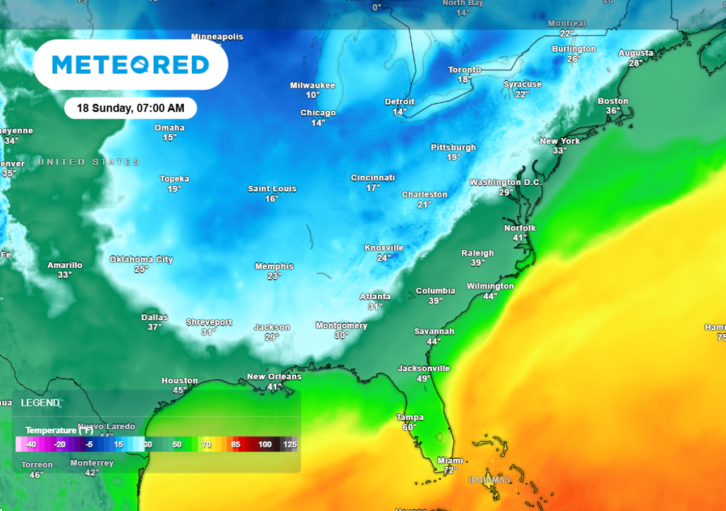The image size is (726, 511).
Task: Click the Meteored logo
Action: [130, 65]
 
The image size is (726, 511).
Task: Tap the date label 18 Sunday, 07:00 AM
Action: [130, 108]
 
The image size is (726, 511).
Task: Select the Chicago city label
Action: [318, 113]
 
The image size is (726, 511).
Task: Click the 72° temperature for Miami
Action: [450, 470]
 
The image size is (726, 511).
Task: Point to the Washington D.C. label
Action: [506, 183]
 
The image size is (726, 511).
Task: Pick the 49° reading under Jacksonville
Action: [424, 378]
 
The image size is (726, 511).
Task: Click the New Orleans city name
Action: [274, 376]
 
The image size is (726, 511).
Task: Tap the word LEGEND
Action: [40, 403]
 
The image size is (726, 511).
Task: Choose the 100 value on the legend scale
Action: [265, 445]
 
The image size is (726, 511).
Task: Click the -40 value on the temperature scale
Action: [31, 445]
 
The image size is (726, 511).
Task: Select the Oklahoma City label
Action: [141, 259]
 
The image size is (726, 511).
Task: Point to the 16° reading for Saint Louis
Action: [272, 199]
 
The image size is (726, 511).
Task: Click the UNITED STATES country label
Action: [89, 162]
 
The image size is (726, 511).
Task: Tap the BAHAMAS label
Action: [489, 480]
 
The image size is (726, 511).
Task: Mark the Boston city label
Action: [613, 101]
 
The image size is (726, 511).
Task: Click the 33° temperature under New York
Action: [560, 151]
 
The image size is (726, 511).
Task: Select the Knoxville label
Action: [384, 248]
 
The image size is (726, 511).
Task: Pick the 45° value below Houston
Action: [180, 390]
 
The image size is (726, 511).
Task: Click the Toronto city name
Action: [465, 70]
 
